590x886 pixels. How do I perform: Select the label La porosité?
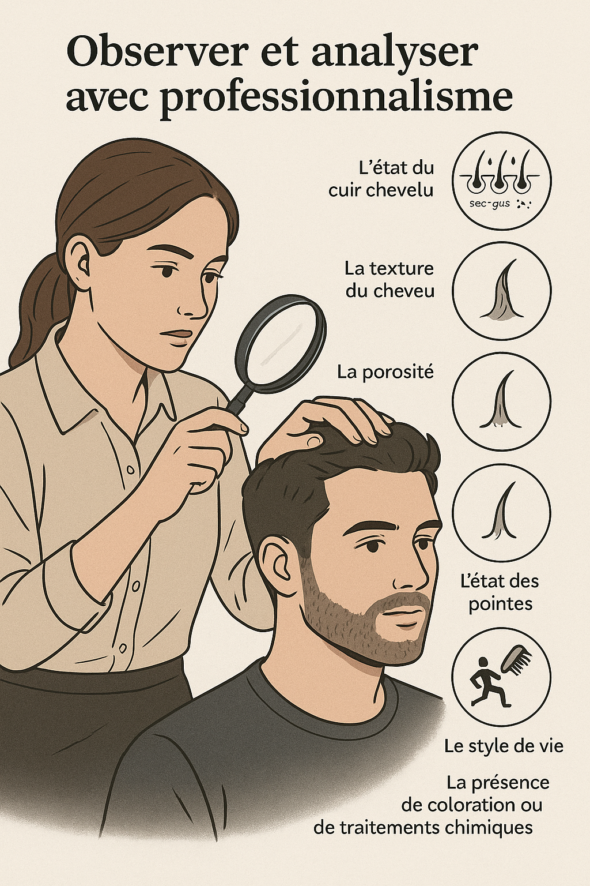click(x=385, y=372)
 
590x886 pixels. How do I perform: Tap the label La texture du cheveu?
click(x=389, y=279)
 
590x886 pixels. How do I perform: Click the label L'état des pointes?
click(x=500, y=592)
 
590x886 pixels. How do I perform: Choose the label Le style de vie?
click(x=504, y=746)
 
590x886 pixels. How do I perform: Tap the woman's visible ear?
click(x=78, y=260)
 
